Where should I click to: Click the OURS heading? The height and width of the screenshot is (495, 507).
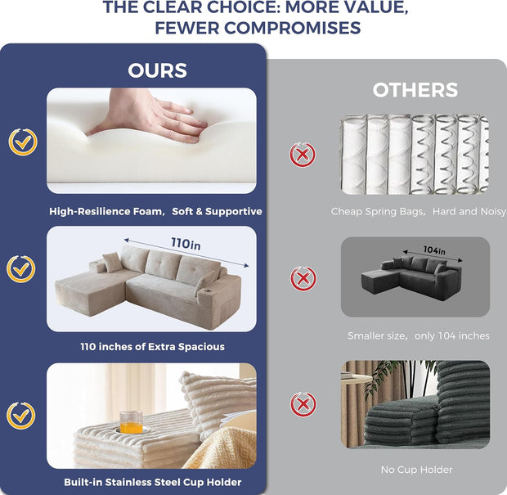(158, 70)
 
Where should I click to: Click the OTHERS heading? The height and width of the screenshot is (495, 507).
(415, 90)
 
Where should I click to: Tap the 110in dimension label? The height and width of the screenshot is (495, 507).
(186, 243)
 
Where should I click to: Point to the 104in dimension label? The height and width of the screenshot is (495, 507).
(434, 250)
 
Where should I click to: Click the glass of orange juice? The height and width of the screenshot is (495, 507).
(131, 422)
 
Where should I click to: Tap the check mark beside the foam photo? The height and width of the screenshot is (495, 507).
(23, 142)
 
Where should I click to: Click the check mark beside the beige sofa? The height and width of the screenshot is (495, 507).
(21, 269)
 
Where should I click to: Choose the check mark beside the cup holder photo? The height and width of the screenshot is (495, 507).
(21, 416)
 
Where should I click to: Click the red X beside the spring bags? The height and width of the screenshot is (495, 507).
(303, 155)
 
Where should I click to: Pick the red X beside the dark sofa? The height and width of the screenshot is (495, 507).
(303, 278)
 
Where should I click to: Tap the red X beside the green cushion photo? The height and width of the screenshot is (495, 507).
(303, 404)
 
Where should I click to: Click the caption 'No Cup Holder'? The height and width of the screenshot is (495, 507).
(416, 470)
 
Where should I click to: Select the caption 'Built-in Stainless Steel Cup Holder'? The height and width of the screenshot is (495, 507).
(153, 482)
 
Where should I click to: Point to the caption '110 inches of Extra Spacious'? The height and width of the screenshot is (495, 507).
(153, 347)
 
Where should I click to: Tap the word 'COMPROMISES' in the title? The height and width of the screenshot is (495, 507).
(293, 28)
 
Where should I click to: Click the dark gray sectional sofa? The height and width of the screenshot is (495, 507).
(412, 275)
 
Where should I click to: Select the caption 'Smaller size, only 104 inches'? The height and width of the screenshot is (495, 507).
(419, 335)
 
